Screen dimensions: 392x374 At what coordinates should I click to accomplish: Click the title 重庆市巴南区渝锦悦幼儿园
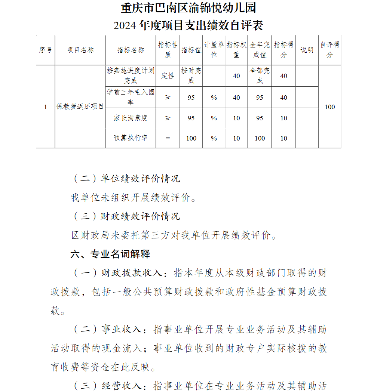pyautogui.click(x=188, y=8)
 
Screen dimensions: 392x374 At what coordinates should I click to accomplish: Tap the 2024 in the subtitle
pyautogui.click(x=125, y=26)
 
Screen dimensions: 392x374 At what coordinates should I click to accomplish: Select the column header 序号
pyautogui.click(x=45, y=50)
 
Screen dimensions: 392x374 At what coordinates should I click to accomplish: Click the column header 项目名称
pyautogui.click(x=80, y=50)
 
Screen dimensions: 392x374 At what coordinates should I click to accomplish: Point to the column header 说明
pyautogui.click(x=307, y=50)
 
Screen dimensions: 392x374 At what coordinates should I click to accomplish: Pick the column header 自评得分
pyautogui.click(x=329, y=50)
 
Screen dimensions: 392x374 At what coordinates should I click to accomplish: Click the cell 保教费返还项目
pyautogui.click(x=80, y=107)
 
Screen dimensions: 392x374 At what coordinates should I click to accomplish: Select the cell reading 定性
pyautogui.click(x=168, y=76)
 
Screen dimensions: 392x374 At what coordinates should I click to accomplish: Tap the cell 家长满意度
pyautogui.click(x=131, y=118)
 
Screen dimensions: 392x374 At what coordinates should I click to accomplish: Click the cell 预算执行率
pyautogui.click(x=131, y=138)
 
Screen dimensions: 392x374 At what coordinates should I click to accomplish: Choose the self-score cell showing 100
pyautogui.click(x=329, y=107)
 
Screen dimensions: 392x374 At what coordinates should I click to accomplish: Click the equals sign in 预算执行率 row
pyautogui.click(x=168, y=138)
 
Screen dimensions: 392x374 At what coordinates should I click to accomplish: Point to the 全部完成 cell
pyautogui.click(x=260, y=76)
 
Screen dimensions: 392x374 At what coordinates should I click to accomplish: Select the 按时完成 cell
pyautogui.click(x=191, y=76)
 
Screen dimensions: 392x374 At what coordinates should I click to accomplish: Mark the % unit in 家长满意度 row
pyautogui.click(x=214, y=118)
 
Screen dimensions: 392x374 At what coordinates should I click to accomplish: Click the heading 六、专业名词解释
pyautogui.click(x=110, y=254)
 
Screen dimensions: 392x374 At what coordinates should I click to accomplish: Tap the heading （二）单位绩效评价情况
pyautogui.click(x=126, y=179)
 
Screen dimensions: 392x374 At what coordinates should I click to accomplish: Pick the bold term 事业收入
pyautogui.click(x=121, y=330)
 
